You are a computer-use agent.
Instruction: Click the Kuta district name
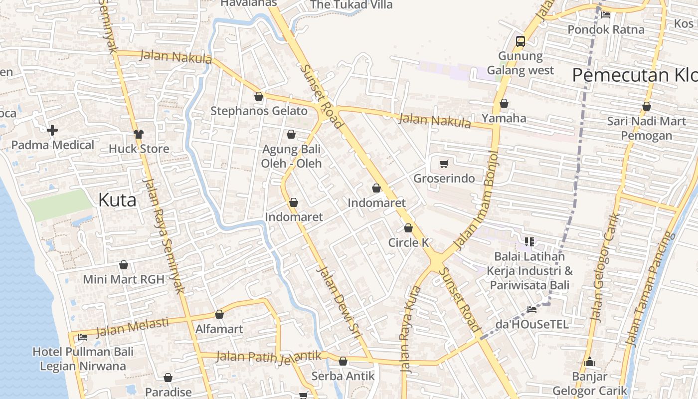click(117, 200)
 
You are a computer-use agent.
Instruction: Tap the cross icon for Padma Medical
click(52, 131)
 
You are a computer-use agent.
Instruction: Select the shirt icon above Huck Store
click(139, 134)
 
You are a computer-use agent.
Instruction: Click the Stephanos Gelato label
click(259, 111)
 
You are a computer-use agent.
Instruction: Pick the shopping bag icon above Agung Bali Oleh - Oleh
click(291, 134)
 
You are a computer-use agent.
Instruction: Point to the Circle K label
click(409, 242)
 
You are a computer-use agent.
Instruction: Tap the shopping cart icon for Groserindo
click(444, 164)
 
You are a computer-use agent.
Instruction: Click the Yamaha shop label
click(504, 118)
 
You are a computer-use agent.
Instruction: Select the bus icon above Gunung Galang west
click(521, 41)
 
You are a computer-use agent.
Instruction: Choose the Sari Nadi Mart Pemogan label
click(647, 128)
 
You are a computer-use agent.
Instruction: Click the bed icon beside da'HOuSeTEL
click(532, 310)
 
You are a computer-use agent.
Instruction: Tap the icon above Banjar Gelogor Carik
click(590, 362)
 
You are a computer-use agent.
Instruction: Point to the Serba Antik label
click(343, 376)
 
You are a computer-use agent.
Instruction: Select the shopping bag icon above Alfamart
click(219, 314)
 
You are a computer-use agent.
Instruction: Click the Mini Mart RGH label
click(124, 279)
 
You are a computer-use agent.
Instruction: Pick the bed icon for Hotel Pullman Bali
click(83, 337)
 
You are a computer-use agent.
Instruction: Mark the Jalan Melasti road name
click(132, 327)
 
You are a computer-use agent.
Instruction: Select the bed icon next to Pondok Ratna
click(606, 14)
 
